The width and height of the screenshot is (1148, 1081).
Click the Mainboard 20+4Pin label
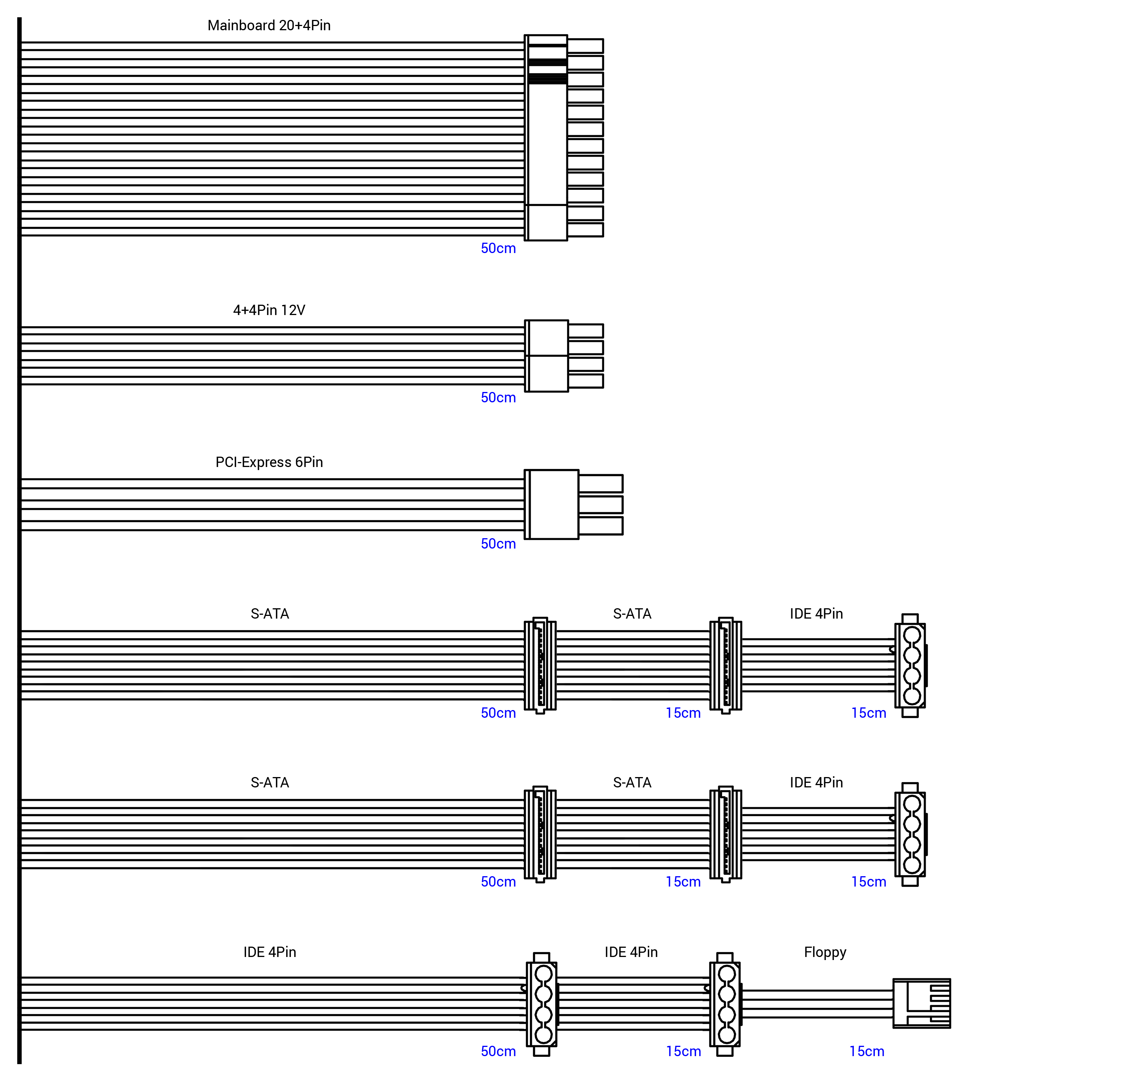269,25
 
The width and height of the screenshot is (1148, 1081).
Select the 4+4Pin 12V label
269,310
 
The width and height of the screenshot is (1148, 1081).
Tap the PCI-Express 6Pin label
269,462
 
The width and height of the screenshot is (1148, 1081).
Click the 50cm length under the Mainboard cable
498,248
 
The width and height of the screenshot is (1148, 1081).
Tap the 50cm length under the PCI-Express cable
498,544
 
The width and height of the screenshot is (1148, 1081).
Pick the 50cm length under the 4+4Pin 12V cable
498,397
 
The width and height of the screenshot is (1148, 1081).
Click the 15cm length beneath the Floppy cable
866,1051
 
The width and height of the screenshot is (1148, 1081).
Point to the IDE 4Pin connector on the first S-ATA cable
911,666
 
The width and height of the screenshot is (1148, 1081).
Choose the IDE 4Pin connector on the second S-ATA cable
911,834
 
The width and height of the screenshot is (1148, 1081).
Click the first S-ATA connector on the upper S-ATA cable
540,666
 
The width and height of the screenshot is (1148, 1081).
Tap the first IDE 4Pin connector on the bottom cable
541,1004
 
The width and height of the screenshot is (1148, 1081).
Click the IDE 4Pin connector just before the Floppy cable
725,1004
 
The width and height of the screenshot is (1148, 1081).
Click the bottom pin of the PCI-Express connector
600,526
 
